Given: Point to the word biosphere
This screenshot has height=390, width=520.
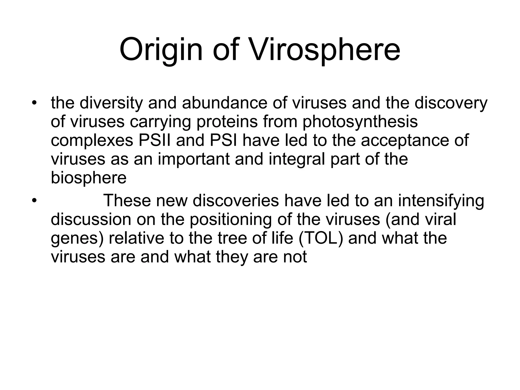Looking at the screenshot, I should (89, 178).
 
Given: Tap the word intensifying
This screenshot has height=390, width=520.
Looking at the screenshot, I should (441, 201).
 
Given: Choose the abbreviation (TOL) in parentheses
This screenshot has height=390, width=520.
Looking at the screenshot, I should (321, 238).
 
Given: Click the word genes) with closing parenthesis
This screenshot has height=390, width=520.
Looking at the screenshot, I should (77, 239).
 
